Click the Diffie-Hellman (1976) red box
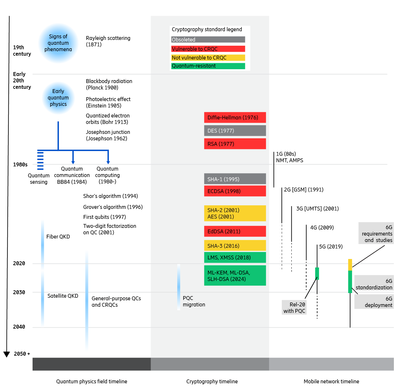[x=235, y=117]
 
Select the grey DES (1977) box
[x=235, y=131]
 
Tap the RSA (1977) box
[x=235, y=144]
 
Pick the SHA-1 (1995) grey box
[x=235, y=179]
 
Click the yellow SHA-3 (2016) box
[x=235, y=246]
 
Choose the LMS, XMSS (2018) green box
[x=235, y=257]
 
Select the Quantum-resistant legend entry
[x=208, y=66]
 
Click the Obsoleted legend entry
[x=208, y=40]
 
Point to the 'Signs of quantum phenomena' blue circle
[x=58, y=43]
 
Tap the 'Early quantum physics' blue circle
[x=58, y=98]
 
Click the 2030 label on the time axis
[x=19, y=292]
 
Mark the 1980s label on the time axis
[x=20, y=164]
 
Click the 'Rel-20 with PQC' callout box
[x=294, y=307]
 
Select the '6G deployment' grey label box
[x=374, y=302]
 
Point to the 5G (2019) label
[x=331, y=247]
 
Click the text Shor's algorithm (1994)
[x=111, y=196]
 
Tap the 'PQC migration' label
[x=194, y=301]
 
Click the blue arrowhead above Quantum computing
[x=108, y=162]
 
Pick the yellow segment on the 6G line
[x=350, y=265]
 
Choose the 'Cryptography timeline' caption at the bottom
[x=212, y=381]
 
